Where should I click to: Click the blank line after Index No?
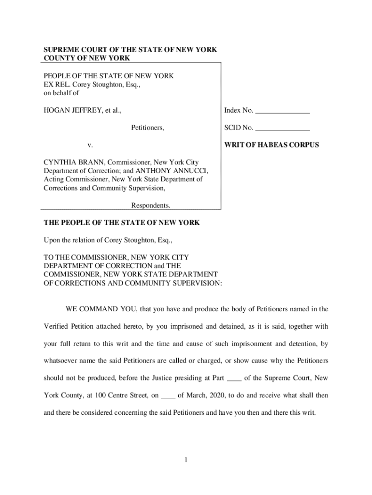click(x=282, y=111)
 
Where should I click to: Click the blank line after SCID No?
click(x=282, y=129)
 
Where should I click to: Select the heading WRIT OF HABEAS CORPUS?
click(x=272, y=145)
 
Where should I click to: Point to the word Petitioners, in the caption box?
click(x=147, y=128)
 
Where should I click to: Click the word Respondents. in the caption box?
click(x=151, y=205)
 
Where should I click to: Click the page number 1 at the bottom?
click(x=186, y=460)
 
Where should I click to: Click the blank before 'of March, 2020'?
click(x=168, y=395)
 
